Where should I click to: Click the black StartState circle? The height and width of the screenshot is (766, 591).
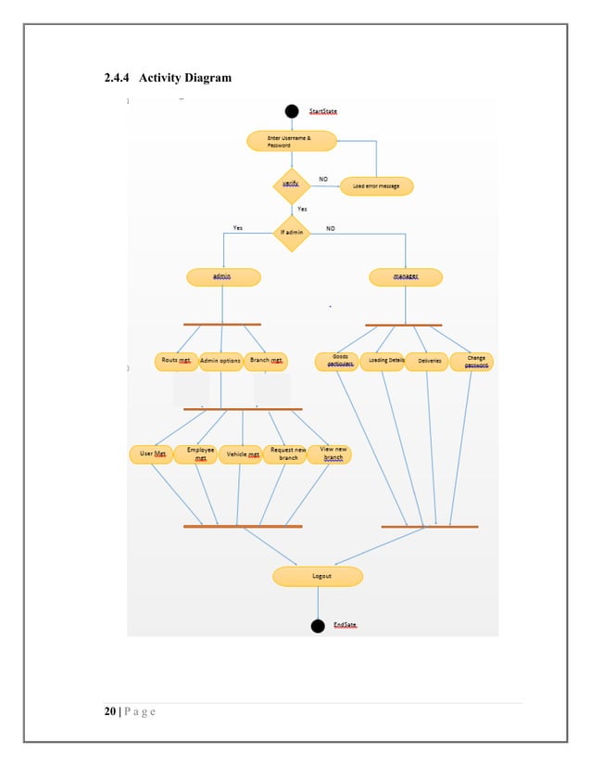292,111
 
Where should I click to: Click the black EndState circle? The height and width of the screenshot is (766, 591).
318,626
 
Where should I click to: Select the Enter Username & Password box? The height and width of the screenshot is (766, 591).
291,141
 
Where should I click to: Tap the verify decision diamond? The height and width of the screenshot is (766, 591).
291,185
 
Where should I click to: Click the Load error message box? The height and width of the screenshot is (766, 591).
376,186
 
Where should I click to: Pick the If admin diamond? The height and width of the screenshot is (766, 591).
291,232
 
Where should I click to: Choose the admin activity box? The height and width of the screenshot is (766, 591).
222,277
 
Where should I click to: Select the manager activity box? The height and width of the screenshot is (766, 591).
405,277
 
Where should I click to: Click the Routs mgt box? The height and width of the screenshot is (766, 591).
176,361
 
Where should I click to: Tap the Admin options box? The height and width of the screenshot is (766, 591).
220,361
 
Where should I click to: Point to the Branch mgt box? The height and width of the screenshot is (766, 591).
266,361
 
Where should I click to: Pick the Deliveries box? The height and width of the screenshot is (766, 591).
427,361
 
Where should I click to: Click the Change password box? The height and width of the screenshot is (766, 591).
472,361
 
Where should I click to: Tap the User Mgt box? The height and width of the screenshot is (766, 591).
151,454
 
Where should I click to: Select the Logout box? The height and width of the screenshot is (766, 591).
318,577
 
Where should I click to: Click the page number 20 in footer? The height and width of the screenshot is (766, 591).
109,712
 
